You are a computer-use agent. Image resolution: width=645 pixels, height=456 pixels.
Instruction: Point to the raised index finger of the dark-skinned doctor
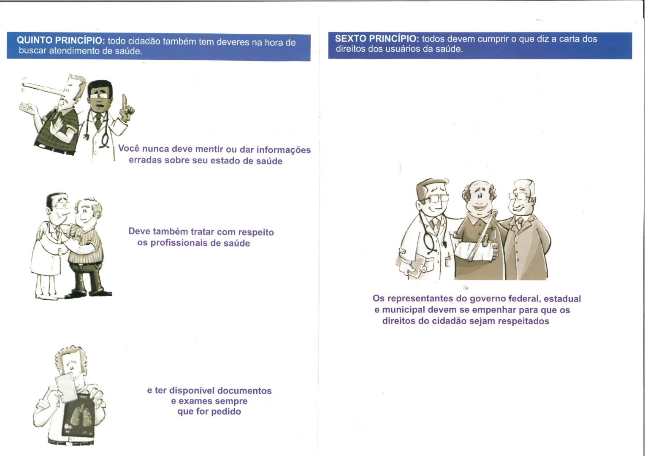click(x=125, y=101)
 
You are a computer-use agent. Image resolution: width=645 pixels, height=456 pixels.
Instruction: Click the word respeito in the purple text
click(x=256, y=232)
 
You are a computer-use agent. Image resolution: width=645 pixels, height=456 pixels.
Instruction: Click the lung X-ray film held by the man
click(x=78, y=416)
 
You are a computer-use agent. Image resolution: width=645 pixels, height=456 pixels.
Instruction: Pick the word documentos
click(x=244, y=391)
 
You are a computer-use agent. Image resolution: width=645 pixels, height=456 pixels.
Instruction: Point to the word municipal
click(x=404, y=310)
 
